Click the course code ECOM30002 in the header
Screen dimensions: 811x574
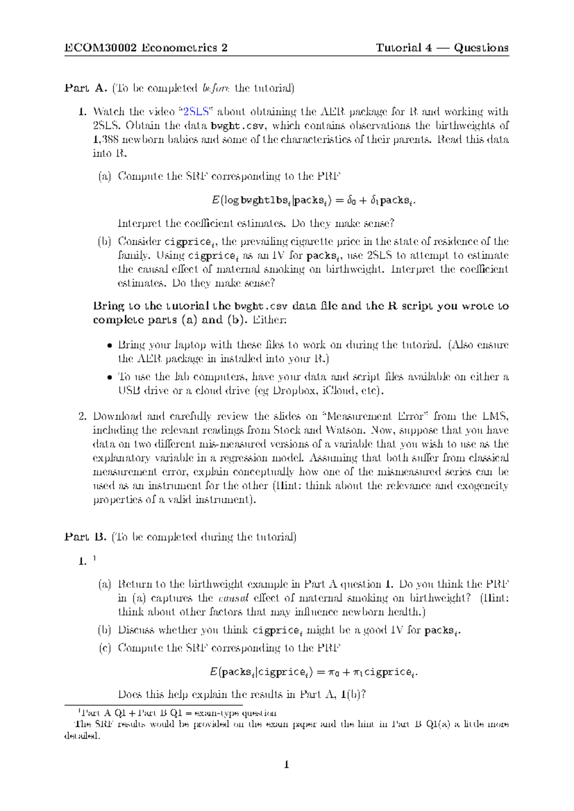(101, 48)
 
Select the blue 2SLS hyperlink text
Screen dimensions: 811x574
(197, 112)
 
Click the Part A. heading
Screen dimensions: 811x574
(86, 88)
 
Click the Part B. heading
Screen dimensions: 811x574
(86, 537)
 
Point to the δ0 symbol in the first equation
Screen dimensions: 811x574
(351, 200)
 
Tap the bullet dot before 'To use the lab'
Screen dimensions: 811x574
(110, 378)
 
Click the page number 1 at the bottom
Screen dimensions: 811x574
(287, 765)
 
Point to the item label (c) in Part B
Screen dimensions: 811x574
(105, 648)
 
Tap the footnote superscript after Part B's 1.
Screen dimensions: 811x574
(94, 559)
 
